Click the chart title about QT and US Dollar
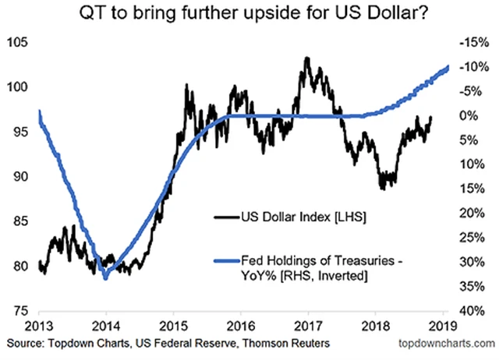[249, 14]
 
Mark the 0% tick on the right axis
[467, 116]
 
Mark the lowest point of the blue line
[105, 277]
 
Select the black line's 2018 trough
[383, 188]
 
